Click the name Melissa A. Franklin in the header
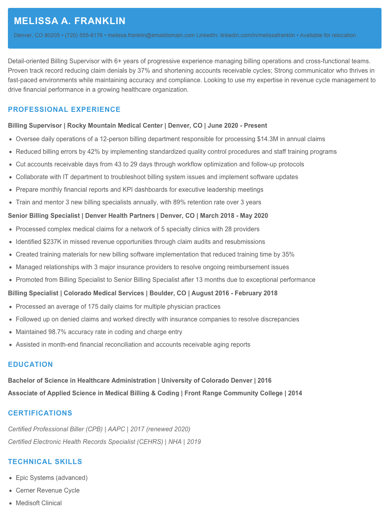(x=70, y=21)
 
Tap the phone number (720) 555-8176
(x=83, y=35)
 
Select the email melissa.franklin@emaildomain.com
(x=151, y=35)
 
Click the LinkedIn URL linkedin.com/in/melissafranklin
(x=257, y=35)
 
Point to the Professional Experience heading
(x=64, y=110)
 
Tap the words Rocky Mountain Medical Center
(x=115, y=126)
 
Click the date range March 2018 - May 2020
(x=234, y=216)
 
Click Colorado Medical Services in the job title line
(x=104, y=293)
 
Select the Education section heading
(x=30, y=364)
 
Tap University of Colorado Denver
(x=207, y=381)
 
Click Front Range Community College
(x=233, y=393)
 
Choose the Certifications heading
(x=40, y=413)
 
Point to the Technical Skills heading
(x=45, y=462)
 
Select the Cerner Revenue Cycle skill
(x=47, y=491)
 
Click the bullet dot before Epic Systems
(x=10, y=478)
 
